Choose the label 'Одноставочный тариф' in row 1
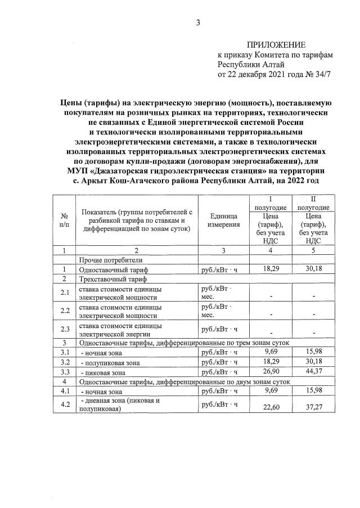click(x=113, y=269)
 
